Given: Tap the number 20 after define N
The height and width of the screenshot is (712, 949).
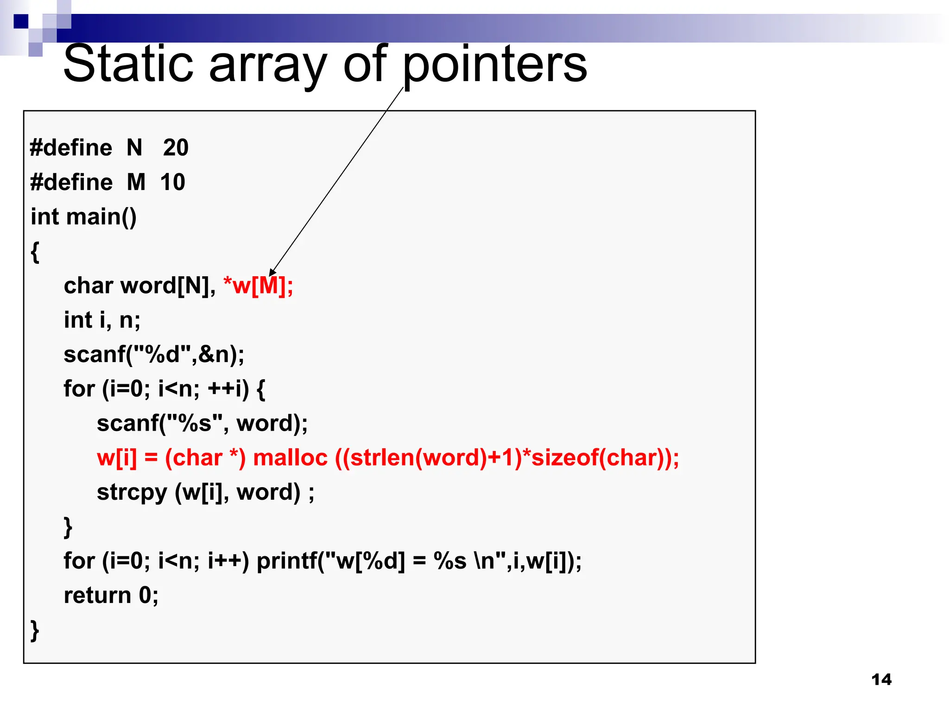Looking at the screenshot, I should click(x=176, y=148).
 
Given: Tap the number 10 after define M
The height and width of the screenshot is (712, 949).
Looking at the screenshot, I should click(x=172, y=182).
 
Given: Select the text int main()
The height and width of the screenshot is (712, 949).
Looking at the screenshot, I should click(x=83, y=217).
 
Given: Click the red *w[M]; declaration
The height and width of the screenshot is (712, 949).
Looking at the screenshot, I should click(x=258, y=286).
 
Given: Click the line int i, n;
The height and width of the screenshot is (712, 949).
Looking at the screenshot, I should click(x=102, y=320).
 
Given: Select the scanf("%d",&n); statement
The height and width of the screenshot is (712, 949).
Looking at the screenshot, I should click(x=154, y=355).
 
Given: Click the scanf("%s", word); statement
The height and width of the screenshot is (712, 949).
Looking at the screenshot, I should click(x=202, y=423).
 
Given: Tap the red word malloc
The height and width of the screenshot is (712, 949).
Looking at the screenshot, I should click(x=290, y=458).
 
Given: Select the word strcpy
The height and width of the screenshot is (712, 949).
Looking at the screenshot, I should click(x=132, y=493).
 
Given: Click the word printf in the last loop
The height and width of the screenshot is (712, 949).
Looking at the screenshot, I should click(x=287, y=561).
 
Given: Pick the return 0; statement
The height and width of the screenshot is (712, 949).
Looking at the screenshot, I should click(x=111, y=595).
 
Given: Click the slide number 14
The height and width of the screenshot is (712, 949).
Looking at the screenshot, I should click(x=881, y=680).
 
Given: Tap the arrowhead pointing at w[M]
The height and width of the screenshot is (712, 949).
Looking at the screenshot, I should click(x=272, y=273).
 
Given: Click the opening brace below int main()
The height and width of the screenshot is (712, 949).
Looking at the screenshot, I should click(x=35, y=252).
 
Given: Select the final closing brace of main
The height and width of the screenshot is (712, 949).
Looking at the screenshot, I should click(x=35, y=630).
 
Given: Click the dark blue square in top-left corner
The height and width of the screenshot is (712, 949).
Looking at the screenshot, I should click(x=21, y=21).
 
